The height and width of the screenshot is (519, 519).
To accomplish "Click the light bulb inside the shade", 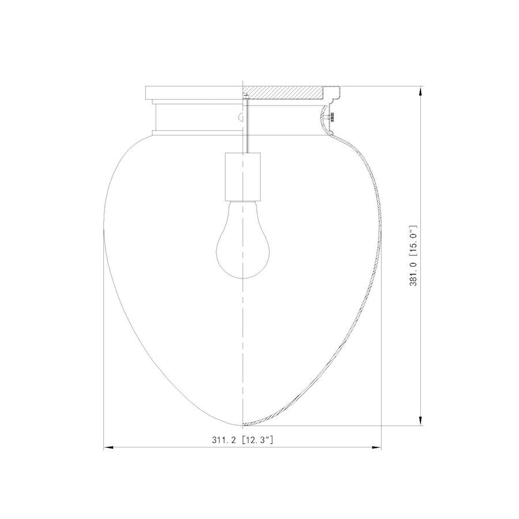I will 243,248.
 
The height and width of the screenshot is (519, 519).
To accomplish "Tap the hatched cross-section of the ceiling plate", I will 283,92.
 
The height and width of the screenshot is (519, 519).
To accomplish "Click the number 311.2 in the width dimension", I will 224,440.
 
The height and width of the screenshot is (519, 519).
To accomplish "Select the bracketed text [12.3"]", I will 257,440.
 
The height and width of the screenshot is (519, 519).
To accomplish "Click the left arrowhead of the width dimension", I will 107,447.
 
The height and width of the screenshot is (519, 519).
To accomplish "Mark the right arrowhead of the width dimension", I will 377,447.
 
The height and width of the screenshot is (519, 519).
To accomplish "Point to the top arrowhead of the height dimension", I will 421,91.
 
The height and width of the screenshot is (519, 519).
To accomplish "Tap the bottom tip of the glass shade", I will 243,424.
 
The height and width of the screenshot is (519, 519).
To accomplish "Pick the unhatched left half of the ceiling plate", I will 193,92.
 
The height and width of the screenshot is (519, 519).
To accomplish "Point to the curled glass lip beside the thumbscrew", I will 323,121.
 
